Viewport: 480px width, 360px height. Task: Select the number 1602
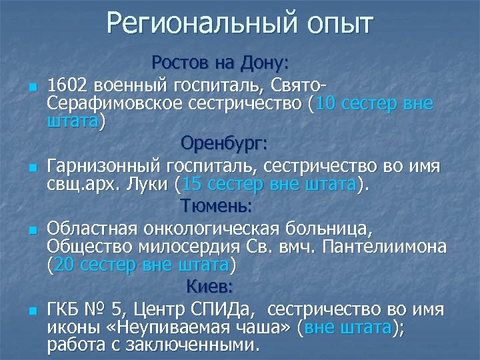point(70,85)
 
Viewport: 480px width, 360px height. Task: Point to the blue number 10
point(326,104)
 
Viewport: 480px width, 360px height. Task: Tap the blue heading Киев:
point(209,287)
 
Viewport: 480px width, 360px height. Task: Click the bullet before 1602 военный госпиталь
point(32,87)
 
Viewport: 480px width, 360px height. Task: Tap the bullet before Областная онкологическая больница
point(32,230)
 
